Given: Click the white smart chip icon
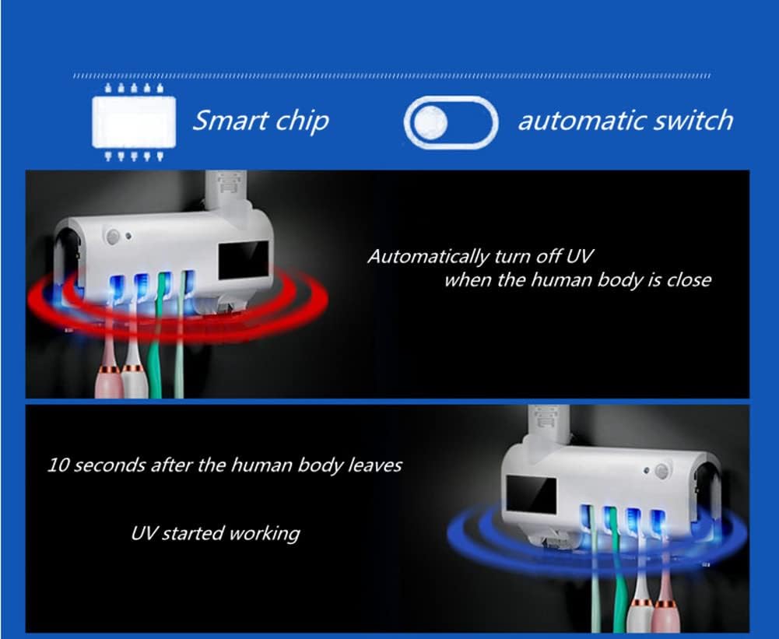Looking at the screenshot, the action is [x=134, y=122].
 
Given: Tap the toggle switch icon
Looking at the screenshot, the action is [x=451, y=122].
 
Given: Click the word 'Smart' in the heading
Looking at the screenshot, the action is [x=226, y=120].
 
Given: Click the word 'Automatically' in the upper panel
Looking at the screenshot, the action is [x=428, y=257].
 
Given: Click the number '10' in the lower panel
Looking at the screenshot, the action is [x=58, y=465].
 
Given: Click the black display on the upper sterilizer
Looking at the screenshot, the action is [x=244, y=261].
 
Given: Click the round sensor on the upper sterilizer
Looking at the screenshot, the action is [x=114, y=237].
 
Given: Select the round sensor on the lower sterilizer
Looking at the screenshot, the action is [x=661, y=470].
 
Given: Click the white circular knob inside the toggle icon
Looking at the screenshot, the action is [x=430, y=122].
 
